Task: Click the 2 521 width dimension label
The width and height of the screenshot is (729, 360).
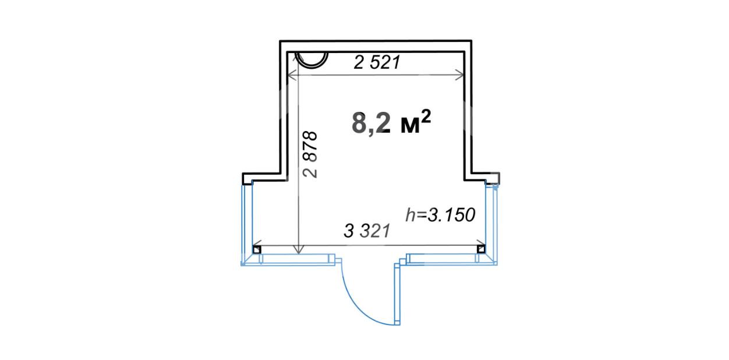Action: tap(377, 62)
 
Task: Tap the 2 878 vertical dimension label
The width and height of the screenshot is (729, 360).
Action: tap(310, 154)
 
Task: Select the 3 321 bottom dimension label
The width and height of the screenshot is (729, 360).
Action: tap(367, 231)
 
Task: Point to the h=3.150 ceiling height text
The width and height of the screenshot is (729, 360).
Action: tap(440, 215)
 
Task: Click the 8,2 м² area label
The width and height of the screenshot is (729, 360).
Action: tap(391, 122)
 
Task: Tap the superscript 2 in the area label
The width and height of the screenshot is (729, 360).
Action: tap(426, 116)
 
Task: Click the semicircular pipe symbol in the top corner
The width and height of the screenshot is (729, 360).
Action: tap(311, 60)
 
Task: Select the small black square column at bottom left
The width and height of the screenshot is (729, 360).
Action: tap(257, 250)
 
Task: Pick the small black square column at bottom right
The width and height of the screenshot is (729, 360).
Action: tap(481, 249)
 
